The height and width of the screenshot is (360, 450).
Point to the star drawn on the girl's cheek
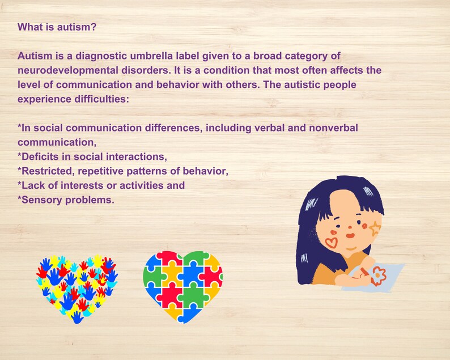click(x=375, y=228)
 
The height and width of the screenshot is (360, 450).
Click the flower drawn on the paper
click(x=378, y=276)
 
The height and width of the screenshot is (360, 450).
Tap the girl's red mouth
click(x=351, y=234)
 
